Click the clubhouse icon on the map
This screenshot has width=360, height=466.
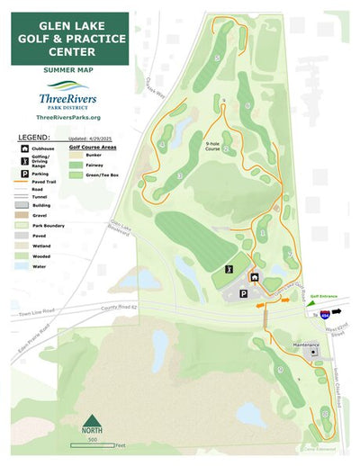(x=255, y=278)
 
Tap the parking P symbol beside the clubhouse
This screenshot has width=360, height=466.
(x=243, y=293)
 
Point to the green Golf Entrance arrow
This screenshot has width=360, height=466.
(x=307, y=302)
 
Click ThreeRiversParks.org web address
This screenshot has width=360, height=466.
(x=68, y=117)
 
